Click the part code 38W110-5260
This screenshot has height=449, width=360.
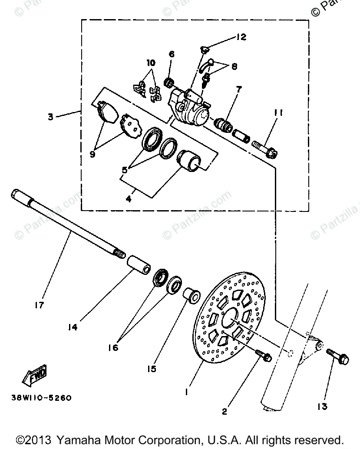pyautogui.click(x=39, y=397)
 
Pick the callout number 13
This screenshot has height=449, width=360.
pyautogui.click(x=322, y=406)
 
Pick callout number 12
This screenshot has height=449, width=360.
pyautogui.click(x=241, y=37)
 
